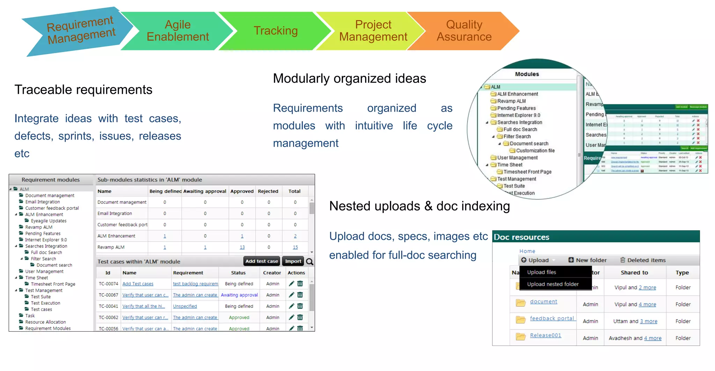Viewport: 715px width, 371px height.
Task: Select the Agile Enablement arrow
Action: tap(177, 31)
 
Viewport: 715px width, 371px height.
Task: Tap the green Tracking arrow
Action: tap(275, 31)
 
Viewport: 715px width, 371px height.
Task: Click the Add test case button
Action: tap(261, 261)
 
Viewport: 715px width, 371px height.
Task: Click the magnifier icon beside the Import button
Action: tap(309, 261)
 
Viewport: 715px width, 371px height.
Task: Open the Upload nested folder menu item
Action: tap(553, 284)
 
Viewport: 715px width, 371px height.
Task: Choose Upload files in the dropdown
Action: tap(541, 272)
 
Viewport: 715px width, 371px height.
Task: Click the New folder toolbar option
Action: tap(588, 260)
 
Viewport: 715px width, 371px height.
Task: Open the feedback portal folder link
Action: tap(552, 318)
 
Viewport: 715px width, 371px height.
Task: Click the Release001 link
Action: tap(545, 335)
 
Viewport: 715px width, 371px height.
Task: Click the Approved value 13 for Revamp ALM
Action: tap(242, 247)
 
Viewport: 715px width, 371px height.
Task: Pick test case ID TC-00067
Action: tap(108, 295)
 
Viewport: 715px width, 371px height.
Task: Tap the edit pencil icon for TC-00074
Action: tap(292, 284)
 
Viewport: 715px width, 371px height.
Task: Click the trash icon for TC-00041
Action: tap(300, 306)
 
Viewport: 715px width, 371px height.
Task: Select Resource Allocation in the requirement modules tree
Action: tap(45, 322)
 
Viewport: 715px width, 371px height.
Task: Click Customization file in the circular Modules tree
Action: tap(535, 151)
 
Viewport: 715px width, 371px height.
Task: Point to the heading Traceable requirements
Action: tap(83, 90)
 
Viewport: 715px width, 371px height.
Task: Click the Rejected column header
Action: tap(268, 191)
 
